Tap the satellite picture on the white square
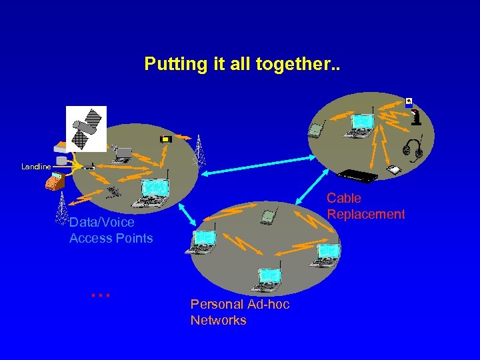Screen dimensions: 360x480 tap(86, 129)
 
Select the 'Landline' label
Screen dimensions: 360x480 tap(35, 167)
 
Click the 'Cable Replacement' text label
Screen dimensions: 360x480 tap(365, 206)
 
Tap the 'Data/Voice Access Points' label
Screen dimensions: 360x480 tap(111, 230)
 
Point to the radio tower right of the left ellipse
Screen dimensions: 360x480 tap(199, 150)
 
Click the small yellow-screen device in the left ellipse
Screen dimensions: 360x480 tap(166, 139)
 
